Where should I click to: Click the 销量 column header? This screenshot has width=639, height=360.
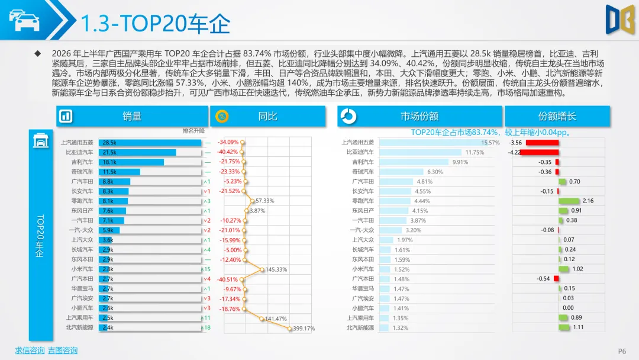(x=132, y=117)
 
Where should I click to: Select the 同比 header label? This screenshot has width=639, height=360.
(x=268, y=117)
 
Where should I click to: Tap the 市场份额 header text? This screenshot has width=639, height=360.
(x=419, y=117)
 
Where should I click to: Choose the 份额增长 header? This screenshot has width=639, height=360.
(x=557, y=117)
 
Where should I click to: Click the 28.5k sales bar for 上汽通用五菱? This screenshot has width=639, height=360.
(x=150, y=143)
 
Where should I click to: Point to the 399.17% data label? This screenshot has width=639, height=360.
(x=304, y=329)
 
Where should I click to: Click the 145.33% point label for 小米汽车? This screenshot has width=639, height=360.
(x=276, y=269)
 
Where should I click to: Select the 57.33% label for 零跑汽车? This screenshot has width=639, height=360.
(x=265, y=201)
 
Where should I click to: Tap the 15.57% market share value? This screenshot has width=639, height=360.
(x=490, y=143)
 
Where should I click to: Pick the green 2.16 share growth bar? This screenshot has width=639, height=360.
(x=569, y=201)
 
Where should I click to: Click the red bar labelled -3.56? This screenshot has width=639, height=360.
(x=542, y=143)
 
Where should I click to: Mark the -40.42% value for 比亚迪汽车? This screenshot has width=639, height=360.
(x=228, y=152)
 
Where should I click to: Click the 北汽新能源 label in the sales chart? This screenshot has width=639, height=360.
(x=80, y=327)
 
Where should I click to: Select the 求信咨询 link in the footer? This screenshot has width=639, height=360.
(x=30, y=350)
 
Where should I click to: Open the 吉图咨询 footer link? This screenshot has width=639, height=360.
(x=62, y=350)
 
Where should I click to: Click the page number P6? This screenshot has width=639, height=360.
(x=622, y=351)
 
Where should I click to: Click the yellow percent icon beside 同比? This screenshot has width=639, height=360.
(x=222, y=117)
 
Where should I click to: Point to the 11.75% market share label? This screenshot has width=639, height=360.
(x=475, y=153)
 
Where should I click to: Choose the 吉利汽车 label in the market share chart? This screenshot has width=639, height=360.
(x=363, y=162)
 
